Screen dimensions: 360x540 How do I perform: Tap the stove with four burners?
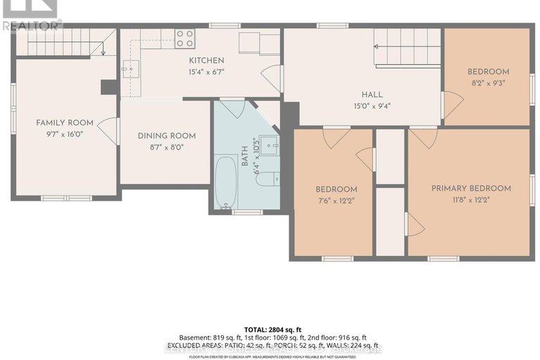184,38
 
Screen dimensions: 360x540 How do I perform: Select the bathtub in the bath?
226,182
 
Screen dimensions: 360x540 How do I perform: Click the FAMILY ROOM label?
64,123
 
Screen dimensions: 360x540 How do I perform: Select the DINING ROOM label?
166,136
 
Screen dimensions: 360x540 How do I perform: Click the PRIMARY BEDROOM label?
470,188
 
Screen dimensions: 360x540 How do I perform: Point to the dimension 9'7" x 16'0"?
64,134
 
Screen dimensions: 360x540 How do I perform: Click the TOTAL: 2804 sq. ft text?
270,329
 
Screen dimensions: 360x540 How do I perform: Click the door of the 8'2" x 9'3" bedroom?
451,105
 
